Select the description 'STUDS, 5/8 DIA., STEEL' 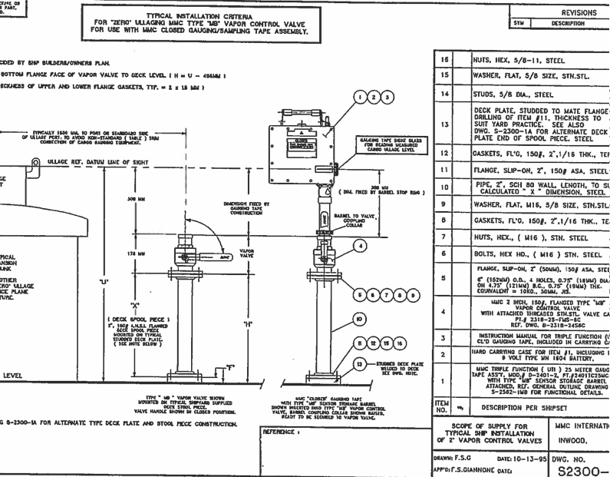coord(507,94)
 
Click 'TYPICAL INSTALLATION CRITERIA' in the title coord(197,15)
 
